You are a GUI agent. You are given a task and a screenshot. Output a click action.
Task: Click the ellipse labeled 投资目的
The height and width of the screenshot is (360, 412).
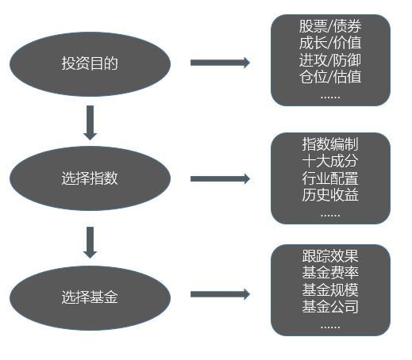(90, 63)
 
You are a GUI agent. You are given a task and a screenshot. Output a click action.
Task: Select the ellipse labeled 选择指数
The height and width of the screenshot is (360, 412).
(90, 178)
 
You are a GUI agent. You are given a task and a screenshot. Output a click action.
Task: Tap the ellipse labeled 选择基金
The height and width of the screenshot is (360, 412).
(90, 297)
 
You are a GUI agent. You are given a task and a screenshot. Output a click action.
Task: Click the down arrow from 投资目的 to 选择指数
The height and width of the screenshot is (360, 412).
(90, 123)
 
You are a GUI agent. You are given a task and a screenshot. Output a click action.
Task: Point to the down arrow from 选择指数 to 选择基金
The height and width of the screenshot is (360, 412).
(90, 243)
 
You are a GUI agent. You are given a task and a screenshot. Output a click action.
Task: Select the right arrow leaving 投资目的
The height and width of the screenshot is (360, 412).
(220, 63)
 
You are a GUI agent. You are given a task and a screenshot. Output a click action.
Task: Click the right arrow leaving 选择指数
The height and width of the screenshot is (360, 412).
(220, 178)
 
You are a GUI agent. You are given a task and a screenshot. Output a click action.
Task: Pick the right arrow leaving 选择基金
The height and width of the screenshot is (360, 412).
(220, 294)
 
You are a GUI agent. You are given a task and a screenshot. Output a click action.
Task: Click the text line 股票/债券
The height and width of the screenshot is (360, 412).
(330, 26)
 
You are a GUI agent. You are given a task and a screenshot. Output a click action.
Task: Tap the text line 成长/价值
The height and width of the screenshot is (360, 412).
(330, 43)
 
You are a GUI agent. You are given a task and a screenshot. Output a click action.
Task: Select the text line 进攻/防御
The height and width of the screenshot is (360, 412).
(330, 60)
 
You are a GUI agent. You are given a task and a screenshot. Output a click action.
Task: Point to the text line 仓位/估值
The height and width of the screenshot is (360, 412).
(330, 77)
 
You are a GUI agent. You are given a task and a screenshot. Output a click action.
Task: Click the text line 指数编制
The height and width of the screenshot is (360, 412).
(330, 144)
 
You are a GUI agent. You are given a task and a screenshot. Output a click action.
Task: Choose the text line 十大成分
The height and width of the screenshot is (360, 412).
(330, 161)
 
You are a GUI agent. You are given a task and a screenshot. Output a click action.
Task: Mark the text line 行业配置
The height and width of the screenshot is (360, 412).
(330, 178)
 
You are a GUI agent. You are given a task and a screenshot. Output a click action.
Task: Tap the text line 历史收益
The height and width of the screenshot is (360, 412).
(330, 195)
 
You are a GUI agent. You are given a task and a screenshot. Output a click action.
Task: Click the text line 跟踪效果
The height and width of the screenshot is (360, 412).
(330, 255)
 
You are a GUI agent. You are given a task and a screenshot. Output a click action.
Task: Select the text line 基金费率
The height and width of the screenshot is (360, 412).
(330, 273)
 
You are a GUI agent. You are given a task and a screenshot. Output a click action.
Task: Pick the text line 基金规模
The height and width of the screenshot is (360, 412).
(330, 289)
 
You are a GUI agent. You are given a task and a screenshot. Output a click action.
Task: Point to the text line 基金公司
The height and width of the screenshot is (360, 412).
(330, 307)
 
